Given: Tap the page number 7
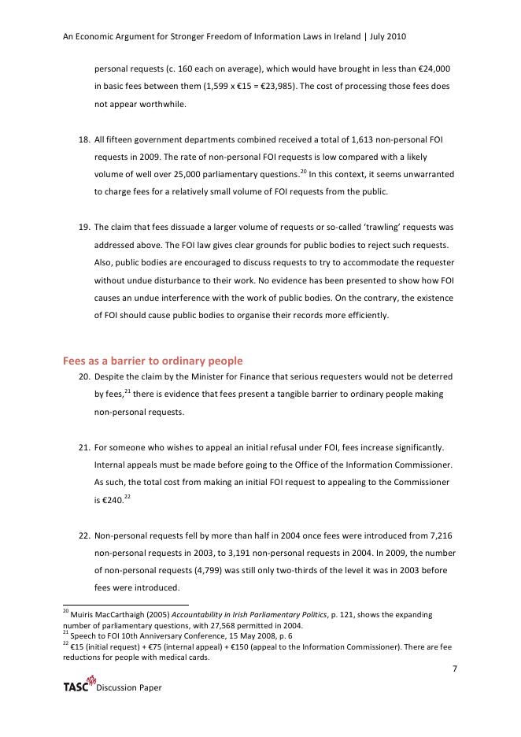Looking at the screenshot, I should pos(455,669).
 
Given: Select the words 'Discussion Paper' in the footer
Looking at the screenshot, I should pos(129,688).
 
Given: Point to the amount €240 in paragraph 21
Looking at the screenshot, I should pos(109,499).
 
